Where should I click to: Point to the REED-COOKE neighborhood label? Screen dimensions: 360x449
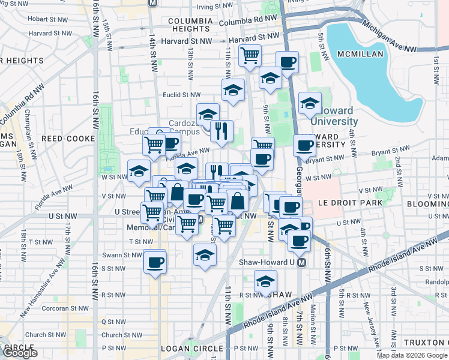tap(68, 138)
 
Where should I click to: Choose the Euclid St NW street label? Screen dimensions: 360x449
tap(182, 94)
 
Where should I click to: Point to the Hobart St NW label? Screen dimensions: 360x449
tap(47, 19)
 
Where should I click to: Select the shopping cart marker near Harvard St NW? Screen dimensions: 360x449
tap(250, 56)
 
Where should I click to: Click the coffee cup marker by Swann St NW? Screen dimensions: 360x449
tap(155, 262)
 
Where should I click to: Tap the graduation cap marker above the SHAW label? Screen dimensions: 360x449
tap(265, 280)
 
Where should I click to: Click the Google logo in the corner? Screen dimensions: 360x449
tap(20, 353)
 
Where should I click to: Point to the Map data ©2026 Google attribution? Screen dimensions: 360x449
tap(412, 355)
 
